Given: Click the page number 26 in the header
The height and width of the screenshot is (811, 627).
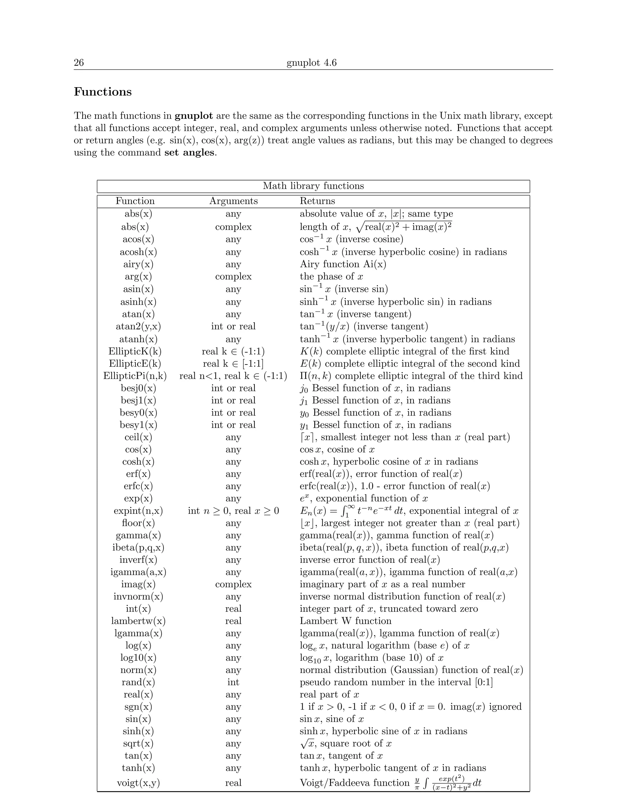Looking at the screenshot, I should pyautogui.click(x=79, y=62).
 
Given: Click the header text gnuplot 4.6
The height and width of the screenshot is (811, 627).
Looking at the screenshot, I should pyautogui.click(x=311, y=62).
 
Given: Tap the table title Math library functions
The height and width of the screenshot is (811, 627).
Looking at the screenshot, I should pyautogui.click(x=313, y=186).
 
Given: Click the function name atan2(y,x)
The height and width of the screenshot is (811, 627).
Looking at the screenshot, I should pyautogui.click(x=138, y=327).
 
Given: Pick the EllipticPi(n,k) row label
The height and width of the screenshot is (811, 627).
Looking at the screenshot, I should pyautogui.click(x=135, y=376).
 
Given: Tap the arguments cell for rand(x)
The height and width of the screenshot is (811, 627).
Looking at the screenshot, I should pyautogui.click(x=233, y=682).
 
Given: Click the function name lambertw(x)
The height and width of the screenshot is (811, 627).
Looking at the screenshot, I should pyautogui.click(x=138, y=621).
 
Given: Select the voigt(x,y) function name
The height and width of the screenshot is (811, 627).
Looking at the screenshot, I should pyautogui.click(x=138, y=783).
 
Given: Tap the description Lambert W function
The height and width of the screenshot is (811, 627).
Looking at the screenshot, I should pyautogui.click(x=345, y=621).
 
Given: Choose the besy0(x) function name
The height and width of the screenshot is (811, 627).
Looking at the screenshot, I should pyautogui.click(x=138, y=413).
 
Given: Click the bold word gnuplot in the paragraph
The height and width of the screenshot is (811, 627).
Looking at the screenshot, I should pyautogui.click(x=193, y=116).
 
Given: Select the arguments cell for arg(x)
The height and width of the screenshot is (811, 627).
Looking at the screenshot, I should pyautogui.click(x=233, y=277).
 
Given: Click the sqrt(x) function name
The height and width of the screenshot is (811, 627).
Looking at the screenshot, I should pyautogui.click(x=138, y=743).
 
